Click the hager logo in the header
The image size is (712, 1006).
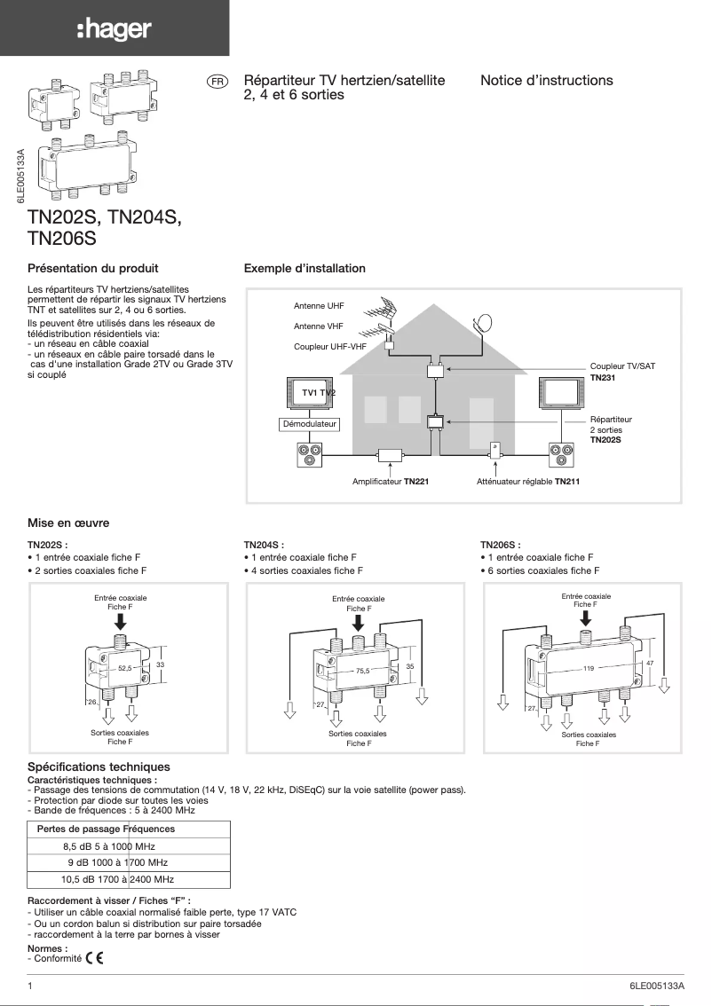pyautogui.click(x=114, y=30)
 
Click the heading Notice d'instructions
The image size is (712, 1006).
pyautogui.click(x=546, y=81)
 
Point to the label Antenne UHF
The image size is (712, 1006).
pyautogui.click(x=319, y=306)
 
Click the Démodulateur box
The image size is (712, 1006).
pyautogui.click(x=309, y=425)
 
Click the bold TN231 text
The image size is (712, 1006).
pyautogui.click(x=605, y=377)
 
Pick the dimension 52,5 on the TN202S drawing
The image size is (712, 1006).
pyautogui.click(x=124, y=666)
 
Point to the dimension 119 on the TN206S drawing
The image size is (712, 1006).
pyautogui.click(x=588, y=666)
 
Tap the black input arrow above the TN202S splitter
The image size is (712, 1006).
pyautogui.click(x=121, y=622)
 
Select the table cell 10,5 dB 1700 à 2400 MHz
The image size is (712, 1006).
pyautogui.click(x=116, y=879)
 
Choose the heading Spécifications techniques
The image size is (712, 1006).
pyautogui.click(x=99, y=766)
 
